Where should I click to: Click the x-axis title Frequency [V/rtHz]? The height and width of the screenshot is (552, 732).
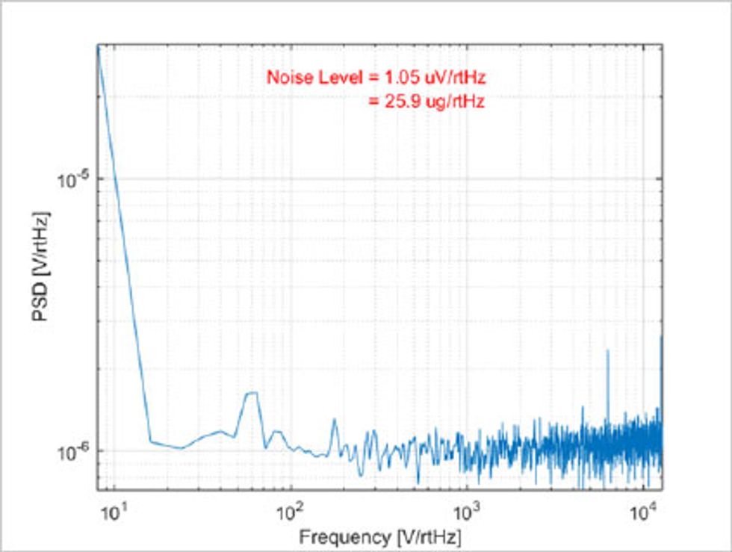coord(380,536)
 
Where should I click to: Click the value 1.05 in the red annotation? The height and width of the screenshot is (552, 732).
coord(403,77)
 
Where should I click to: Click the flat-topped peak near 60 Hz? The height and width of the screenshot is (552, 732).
coord(252,393)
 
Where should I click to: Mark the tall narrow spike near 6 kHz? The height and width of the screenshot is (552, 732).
coord(607,350)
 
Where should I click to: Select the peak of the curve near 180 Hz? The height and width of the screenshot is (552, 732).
coord(334,420)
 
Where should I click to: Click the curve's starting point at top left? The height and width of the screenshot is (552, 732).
coord(98,46)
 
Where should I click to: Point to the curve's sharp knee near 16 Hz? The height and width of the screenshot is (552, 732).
coord(151,441)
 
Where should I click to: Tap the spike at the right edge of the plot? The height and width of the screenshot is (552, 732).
coord(661,338)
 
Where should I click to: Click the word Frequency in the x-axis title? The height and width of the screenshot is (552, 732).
coord(336,536)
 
